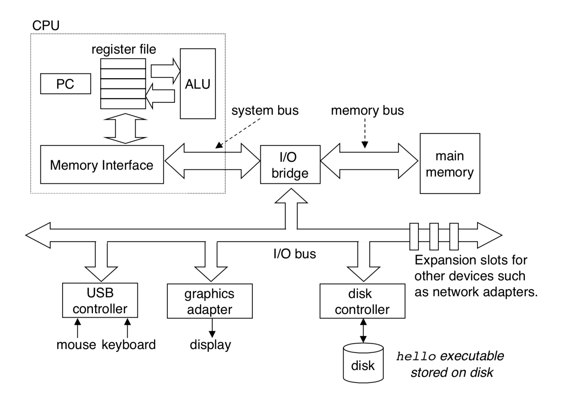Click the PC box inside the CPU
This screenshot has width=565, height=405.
(x=65, y=84)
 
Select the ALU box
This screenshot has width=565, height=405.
(x=198, y=84)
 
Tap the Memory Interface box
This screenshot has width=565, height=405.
(x=102, y=165)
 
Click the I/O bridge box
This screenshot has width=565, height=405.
(x=290, y=165)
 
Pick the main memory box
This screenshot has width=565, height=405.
(x=450, y=164)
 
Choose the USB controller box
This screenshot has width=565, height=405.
(x=100, y=300)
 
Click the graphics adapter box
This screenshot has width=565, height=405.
(x=209, y=301)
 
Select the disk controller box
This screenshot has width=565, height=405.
(x=362, y=301)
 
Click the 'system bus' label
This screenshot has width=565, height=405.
(x=265, y=110)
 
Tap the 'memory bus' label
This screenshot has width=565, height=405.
(x=367, y=110)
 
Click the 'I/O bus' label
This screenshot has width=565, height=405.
(x=294, y=254)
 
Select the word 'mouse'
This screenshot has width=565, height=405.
(x=76, y=345)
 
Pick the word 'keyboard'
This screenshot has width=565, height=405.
(x=129, y=345)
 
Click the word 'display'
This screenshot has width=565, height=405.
(x=210, y=345)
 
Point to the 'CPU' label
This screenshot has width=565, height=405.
(x=46, y=25)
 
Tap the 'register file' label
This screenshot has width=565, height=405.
(x=124, y=49)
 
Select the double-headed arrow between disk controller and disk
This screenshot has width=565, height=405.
(x=363, y=331)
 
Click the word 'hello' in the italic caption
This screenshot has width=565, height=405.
(x=416, y=357)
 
